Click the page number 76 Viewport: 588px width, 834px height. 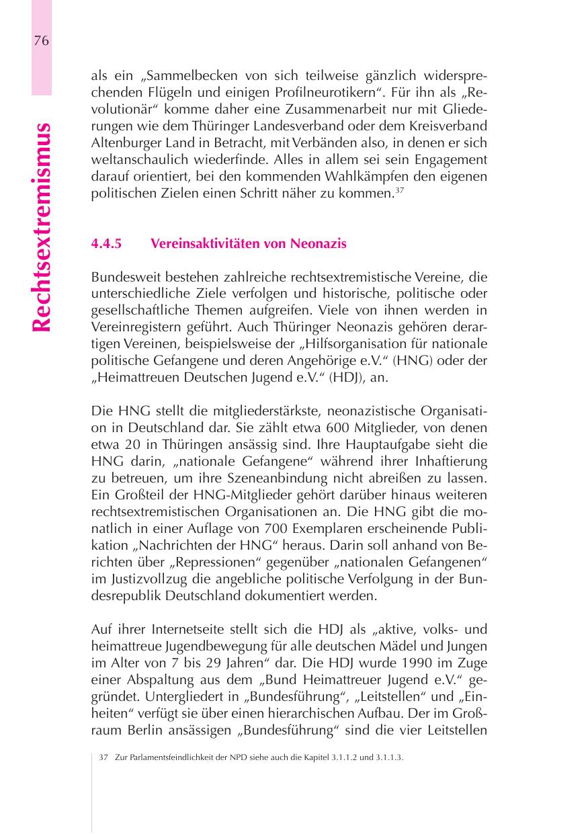tap(41, 40)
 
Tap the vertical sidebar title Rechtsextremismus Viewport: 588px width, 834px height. tap(41, 227)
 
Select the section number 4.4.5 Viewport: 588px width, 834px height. tap(106, 243)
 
